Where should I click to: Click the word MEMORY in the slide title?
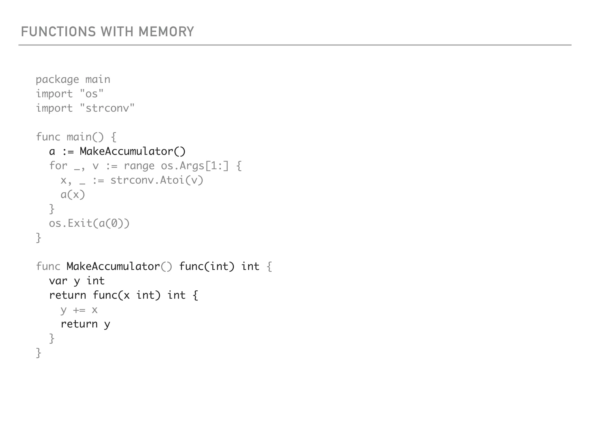166,32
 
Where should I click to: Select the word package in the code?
57,80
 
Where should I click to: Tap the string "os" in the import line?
92,94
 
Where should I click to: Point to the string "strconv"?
107,108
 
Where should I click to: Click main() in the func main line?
85,137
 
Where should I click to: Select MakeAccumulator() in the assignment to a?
133,151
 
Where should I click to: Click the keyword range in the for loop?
139,166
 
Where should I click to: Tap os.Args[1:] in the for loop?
195,166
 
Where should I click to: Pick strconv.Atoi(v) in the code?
157,180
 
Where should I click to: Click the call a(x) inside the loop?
73,195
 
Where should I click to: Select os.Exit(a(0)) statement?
89,223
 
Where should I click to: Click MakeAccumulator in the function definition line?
113,266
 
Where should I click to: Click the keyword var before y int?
58,281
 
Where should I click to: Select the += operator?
79,310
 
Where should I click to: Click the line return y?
85,324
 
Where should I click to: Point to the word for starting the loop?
58,166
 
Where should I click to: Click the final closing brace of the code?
39,353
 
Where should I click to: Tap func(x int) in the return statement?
126,295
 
